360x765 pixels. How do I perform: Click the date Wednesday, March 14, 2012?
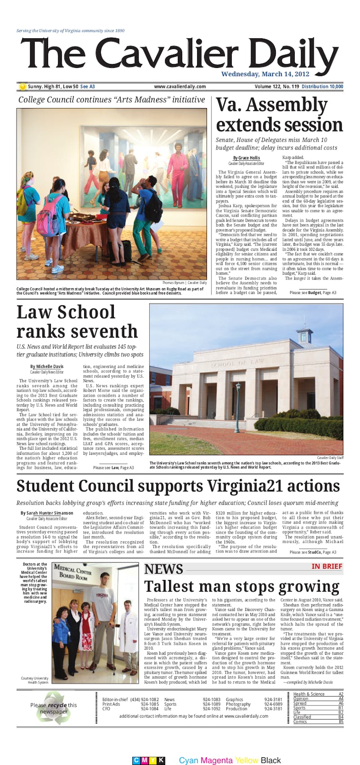point(265,74)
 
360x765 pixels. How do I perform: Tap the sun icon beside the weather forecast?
point(22,86)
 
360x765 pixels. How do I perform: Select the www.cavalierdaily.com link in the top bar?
point(180,86)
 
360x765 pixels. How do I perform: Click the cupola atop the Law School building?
point(305,334)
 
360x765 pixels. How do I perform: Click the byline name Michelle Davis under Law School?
point(47,367)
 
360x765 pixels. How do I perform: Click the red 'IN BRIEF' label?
point(327,566)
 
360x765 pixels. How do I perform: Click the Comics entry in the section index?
point(301,722)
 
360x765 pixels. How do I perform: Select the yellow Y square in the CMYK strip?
point(153,760)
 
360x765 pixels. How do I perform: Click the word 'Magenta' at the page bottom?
point(216,760)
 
